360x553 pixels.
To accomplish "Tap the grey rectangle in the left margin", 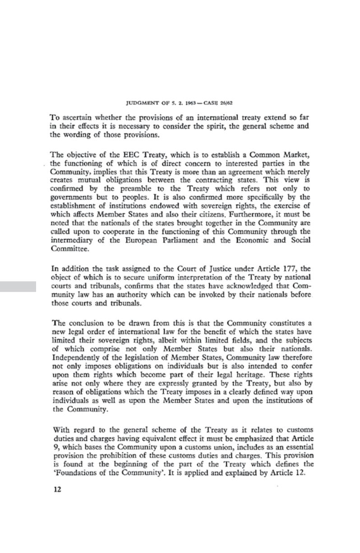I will click(x=18, y=286).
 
